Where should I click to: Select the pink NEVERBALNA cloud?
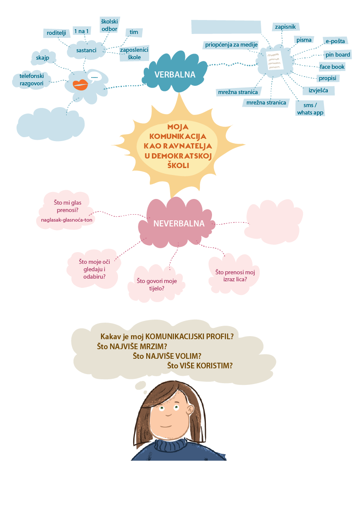(x=178, y=224)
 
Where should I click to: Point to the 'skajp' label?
(x=43, y=57)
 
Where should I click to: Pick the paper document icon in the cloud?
(x=274, y=60)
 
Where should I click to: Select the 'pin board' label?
(x=337, y=55)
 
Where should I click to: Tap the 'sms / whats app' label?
(x=310, y=109)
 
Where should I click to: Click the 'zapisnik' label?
(x=285, y=27)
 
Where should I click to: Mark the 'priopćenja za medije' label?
(x=232, y=44)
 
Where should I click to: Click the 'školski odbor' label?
(x=109, y=25)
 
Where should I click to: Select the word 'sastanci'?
(x=85, y=51)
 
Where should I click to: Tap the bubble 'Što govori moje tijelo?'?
(x=151, y=284)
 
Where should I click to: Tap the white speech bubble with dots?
(x=94, y=77)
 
